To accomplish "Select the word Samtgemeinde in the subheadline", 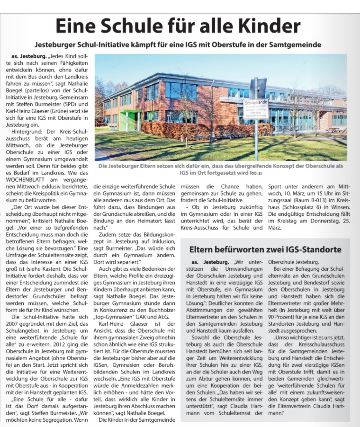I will coord(294,45).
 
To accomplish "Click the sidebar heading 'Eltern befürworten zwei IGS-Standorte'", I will coord(265,249).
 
